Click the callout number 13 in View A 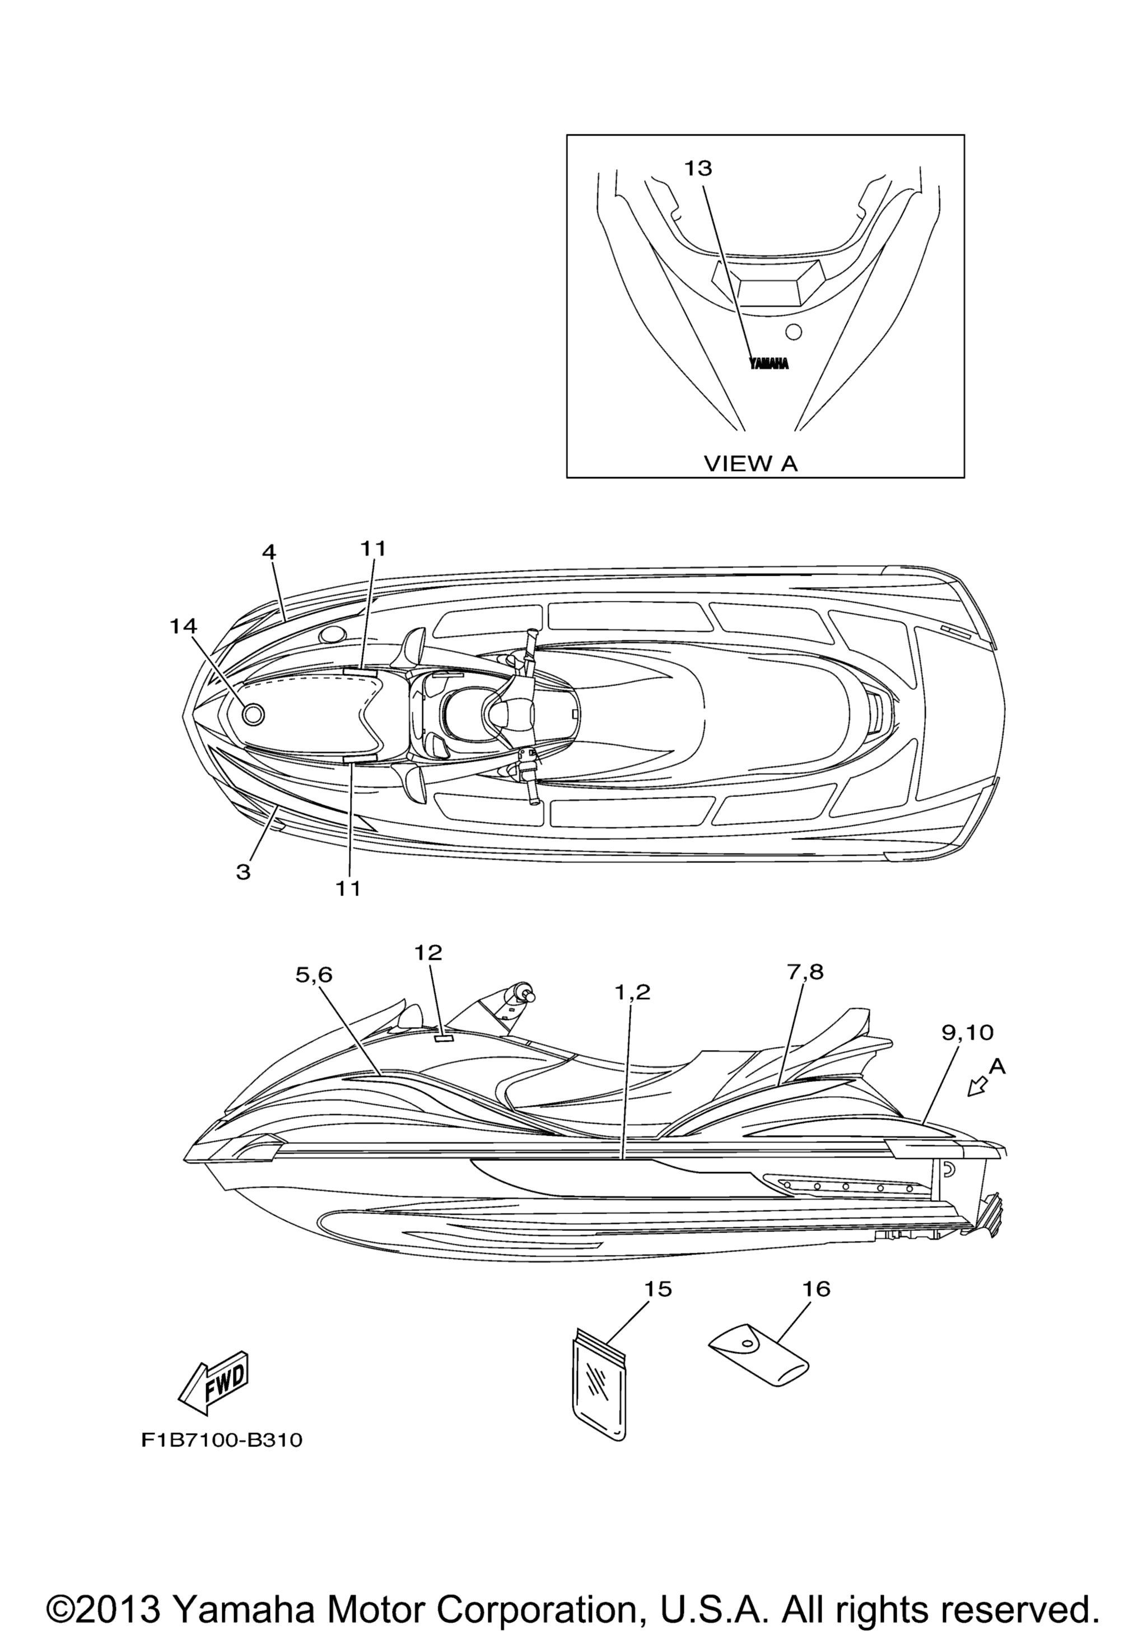(698, 168)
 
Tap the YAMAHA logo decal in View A (770, 363)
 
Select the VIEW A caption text (751, 464)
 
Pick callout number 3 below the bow (243, 872)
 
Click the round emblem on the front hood (253, 714)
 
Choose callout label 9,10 (968, 1032)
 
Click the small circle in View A (794, 332)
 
